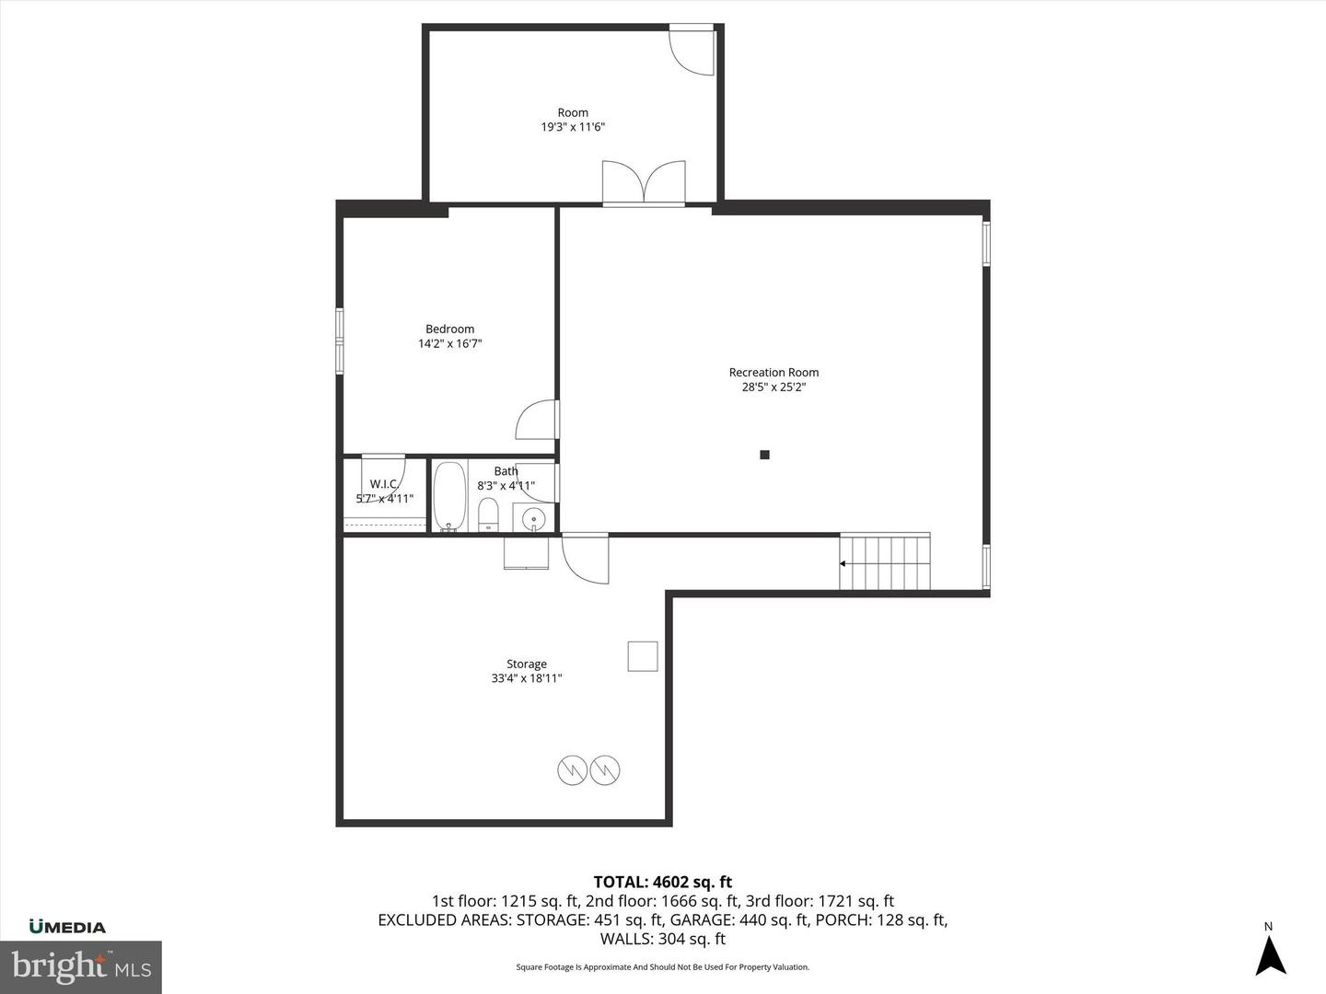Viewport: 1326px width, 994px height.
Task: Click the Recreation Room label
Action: [x=773, y=373]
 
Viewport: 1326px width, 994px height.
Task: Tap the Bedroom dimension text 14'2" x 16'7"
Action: [x=450, y=344]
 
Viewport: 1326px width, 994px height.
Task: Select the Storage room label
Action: [x=527, y=664]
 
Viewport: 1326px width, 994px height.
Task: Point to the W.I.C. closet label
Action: [x=384, y=484]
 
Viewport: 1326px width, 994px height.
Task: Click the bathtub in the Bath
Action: [x=449, y=497]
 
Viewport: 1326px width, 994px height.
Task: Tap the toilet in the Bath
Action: [x=488, y=514]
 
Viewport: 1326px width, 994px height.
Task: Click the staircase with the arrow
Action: [x=885, y=562]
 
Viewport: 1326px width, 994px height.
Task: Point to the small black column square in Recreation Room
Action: [x=764, y=455]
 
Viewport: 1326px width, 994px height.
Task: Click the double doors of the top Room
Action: [x=644, y=182]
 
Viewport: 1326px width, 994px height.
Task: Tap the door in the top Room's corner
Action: [x=691, y=51]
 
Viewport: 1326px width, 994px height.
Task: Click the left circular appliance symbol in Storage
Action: [x=573, y=769]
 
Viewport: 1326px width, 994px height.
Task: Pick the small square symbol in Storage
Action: [x=643, y=656]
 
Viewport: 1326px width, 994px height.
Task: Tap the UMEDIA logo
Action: [x=67, y=927]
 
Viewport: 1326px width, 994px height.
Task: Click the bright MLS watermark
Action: [x=81, y=966]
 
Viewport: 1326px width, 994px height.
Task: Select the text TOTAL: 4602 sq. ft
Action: [x=663, y=883]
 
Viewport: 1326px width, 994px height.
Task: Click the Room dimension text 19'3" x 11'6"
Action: [x=573, y=128]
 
